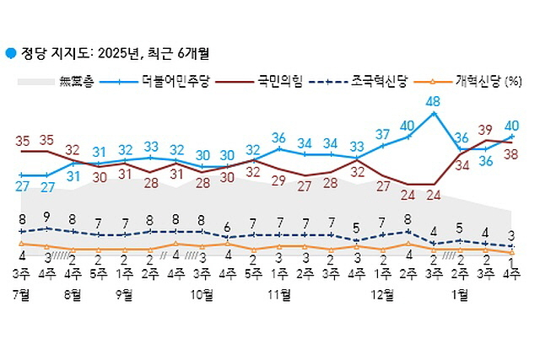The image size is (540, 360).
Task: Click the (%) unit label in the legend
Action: click(513, 82)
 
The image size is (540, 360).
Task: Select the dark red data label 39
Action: click(485, 129)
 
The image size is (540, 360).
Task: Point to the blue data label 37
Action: click(383, 134)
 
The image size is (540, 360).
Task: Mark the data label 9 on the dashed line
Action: click(46, 216)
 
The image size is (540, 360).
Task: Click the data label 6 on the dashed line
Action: click(228, 226)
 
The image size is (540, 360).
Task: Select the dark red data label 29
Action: click(279, 180)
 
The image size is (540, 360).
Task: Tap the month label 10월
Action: click(202, 294)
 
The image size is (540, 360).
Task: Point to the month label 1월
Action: click(461, 294)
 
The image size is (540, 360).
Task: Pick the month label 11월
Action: click(279, 294)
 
